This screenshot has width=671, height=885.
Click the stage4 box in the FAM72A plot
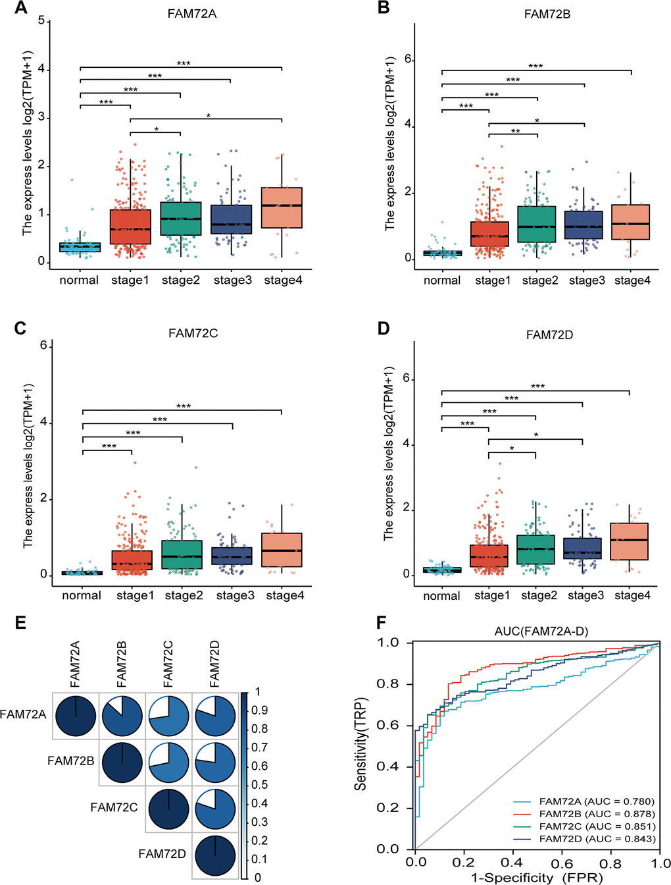pyautogui.click(x=282, y=207)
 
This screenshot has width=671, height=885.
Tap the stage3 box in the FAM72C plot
pyautogui.click(x=232, y=556)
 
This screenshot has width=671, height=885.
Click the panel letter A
pyautogui.click(x=21, y=8)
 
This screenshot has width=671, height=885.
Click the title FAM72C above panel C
pyautogui.click(x=193, y=333)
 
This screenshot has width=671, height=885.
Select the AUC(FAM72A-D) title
pyautogui.click(x=541, y=631)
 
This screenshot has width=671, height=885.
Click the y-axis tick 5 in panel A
pyautogui.click(x=41, y=21)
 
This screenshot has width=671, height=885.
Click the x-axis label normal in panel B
pyautogui.click(x=442, y=281)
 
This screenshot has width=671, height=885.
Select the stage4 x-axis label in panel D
pyautogui.click(x=632, y=596)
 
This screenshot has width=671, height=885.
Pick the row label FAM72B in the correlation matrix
pyautogui.click(x=70, y=761)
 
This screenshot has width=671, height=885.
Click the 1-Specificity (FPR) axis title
pyautogui.click(x=537, y=878)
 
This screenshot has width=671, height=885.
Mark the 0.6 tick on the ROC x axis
pyautogui.click(x=562, y=863)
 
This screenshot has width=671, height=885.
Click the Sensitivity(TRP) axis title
pyautogui.click(x=360, y=744)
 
